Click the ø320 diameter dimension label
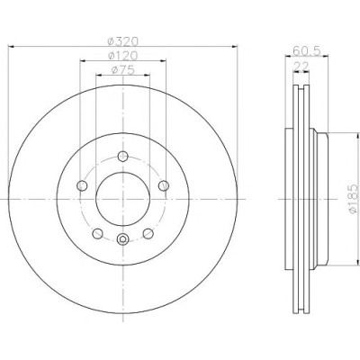(123, 41)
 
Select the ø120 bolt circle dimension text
(123, 56)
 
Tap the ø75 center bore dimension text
(122, 70)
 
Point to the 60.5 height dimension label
(307, 51)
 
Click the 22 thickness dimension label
(301, 67)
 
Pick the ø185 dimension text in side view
(354, 199)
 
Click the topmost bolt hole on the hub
(122, 156)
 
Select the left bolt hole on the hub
(82, 185)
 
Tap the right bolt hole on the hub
(164, 185)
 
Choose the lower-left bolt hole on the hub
(97, 233)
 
